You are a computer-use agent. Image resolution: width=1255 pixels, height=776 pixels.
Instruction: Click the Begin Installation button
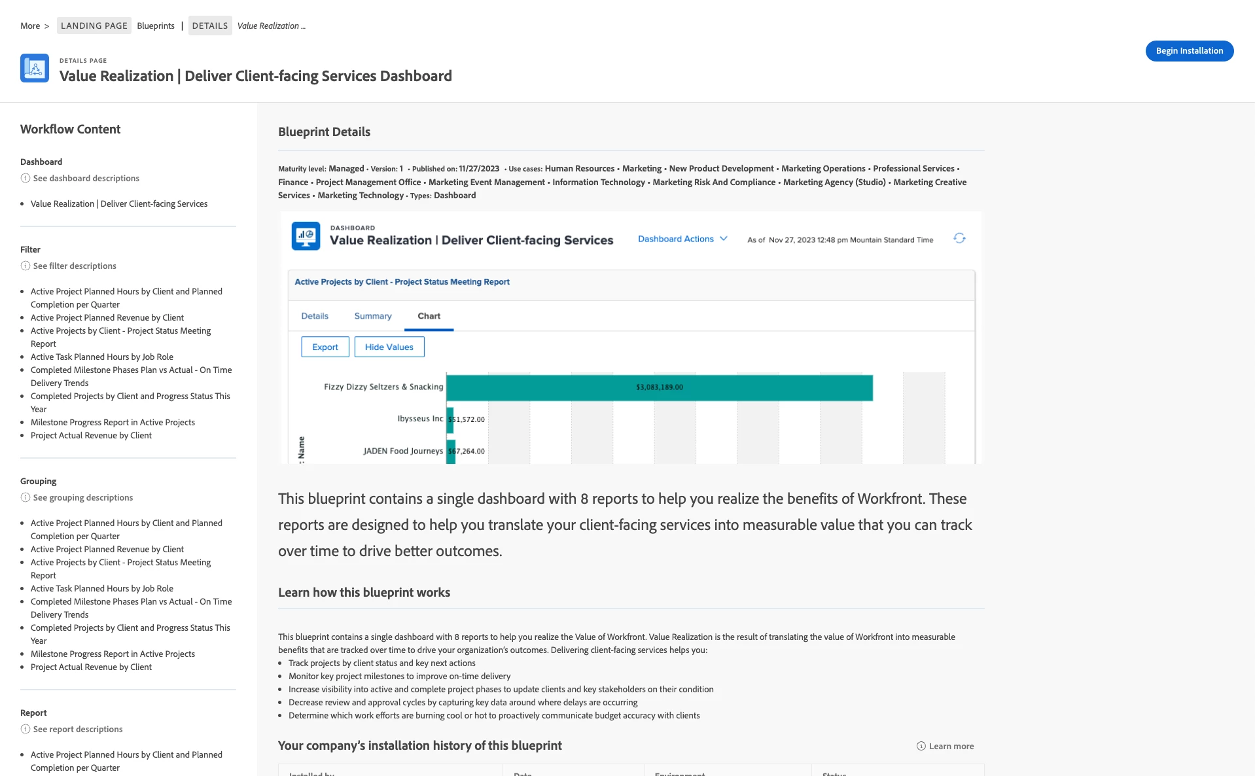point(1189,51)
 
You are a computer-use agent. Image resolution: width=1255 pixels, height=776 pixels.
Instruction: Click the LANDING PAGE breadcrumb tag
point(94,26)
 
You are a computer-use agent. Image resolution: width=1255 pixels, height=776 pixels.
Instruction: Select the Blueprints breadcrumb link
point(156,26)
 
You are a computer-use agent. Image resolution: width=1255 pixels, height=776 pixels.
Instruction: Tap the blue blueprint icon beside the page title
point(35,68)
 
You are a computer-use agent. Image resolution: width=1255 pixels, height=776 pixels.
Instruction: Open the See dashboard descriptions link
point(86,179)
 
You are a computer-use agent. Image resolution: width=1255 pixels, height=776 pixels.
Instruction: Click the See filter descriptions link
point(75,266)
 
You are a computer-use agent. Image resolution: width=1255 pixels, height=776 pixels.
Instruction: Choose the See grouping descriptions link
point(82,498)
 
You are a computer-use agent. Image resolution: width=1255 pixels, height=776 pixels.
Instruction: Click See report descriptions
point(77,730)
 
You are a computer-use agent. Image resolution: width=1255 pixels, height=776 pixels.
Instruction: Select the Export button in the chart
point(325,347)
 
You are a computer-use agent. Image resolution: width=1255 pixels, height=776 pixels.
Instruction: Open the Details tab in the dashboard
point(315,316)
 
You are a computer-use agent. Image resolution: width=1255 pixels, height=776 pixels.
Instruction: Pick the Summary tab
point(373,316)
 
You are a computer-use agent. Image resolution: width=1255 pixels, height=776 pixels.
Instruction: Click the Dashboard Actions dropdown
point(682,239)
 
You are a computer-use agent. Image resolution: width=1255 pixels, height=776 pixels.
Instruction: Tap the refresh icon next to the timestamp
point(959,238)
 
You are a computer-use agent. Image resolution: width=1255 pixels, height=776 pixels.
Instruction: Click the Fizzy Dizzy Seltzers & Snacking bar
point(659,387)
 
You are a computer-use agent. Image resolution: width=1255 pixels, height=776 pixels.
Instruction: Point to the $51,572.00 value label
point(467,419)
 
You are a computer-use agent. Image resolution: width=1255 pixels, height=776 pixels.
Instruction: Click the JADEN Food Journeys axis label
point(403,451)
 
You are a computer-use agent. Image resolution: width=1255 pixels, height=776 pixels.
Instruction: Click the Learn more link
point(951,747)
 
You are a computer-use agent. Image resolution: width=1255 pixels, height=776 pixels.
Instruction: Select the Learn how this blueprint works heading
point(364,593)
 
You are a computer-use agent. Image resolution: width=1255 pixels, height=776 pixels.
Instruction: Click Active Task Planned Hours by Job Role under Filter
point(102,357)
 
